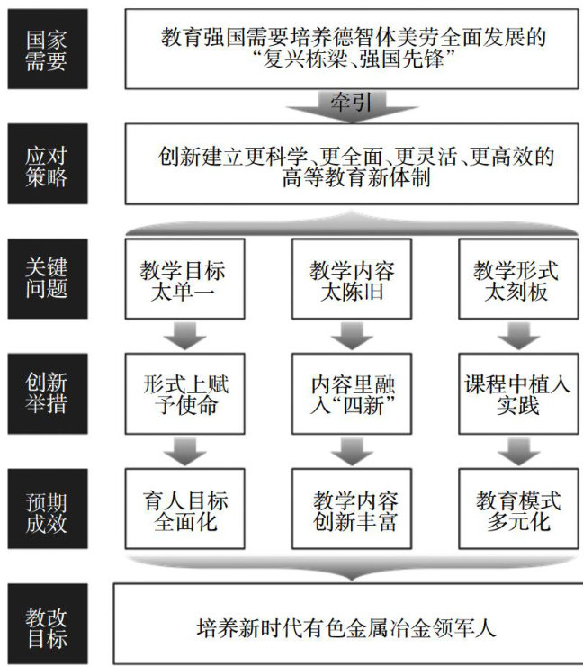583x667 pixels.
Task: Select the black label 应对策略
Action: click(x=44, y=166)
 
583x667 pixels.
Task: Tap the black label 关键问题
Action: click(x=44, y=279)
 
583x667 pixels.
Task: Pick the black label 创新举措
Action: click(x=44, y=393)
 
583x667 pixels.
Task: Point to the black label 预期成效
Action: click(x=44, y=509)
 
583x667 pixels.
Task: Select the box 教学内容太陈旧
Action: click(x=352, y=279)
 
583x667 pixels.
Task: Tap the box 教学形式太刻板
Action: click(x=516, y=279)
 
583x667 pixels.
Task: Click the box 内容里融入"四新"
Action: click(x=352, y=393)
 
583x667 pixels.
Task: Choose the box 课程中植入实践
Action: click(x=516, y=393)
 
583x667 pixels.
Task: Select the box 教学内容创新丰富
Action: click(x=352, y=509)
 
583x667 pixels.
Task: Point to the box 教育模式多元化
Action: click(x=516, y=509)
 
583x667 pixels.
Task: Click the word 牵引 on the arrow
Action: click(x=352, y=102)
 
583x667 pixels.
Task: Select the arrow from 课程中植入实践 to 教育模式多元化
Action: click(x=516, y=451)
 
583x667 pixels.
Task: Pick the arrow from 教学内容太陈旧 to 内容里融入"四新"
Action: click(x=352, y=337)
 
